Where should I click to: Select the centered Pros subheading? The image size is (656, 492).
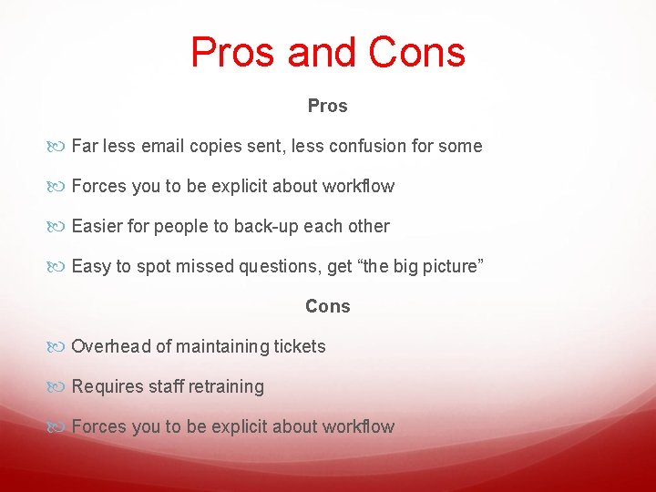(x=328, y=106)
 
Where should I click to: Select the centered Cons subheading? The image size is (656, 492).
(x=328, y=306)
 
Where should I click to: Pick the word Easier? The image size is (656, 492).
(x=97, y=226)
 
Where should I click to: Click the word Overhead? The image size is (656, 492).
(x=110, y=346)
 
